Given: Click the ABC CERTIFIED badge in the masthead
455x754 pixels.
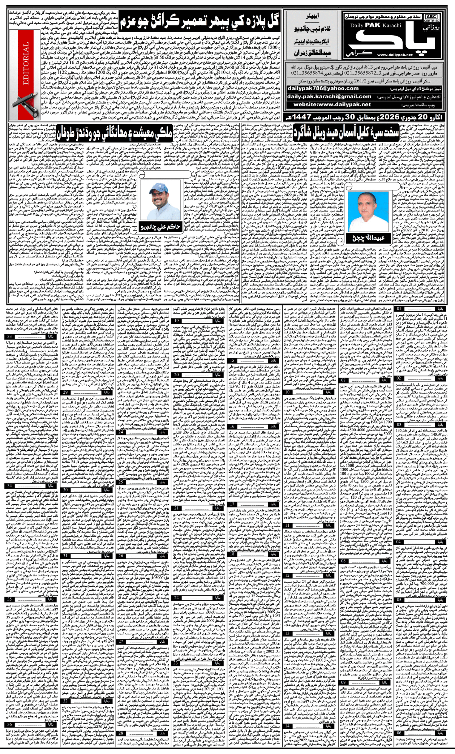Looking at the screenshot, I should click(x=431, y=18).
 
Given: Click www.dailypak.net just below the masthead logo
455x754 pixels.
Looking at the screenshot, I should click(x=395, y=55).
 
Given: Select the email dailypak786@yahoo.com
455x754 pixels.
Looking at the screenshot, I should click(x=323, y=88).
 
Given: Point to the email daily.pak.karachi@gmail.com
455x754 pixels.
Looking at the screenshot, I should click(x=329, y=96).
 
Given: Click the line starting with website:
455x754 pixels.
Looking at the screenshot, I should click(x=332, y=104).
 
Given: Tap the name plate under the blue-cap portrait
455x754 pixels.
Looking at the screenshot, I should click(x=160, y=227).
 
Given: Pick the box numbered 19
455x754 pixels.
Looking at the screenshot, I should click(x=177, y=321).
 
